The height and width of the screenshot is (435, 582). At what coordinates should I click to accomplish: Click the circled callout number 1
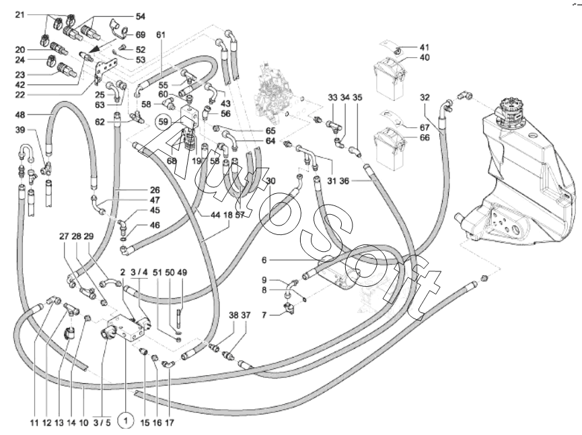coord(125,422)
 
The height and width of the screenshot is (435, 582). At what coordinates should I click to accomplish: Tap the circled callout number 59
coord(163,122)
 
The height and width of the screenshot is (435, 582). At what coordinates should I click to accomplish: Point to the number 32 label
coord(424,97)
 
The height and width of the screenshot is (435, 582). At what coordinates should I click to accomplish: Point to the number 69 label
coord(140,35)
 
